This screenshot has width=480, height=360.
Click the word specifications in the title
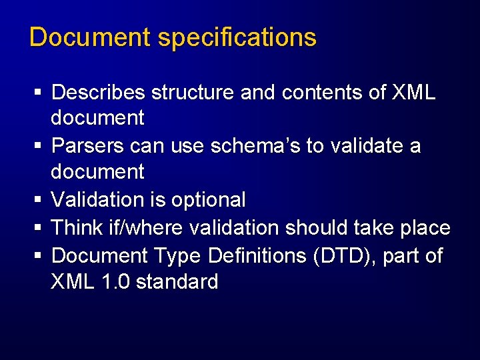(237, 38)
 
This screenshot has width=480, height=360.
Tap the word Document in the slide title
(91, 37)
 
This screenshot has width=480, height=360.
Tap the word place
(424, 228)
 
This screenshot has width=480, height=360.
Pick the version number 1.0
(117, 282)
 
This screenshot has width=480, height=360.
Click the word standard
(177, 282)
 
